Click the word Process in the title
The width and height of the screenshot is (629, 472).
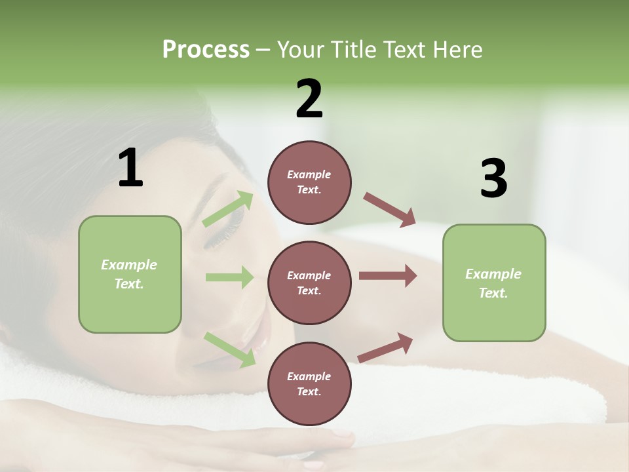pyautogui.click(x=206, y=50)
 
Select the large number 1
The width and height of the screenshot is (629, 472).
pyautogui.click(x=130, y=168)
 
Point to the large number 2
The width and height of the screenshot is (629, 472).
pyautogui.click(x=309, y=99)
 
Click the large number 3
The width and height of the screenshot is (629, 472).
pyautogui.click(x=493, y=178)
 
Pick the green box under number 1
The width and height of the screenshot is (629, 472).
pyautogui.click(x=130, y=274)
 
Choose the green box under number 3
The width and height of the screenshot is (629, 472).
pyautogui.click(x=494, y=283)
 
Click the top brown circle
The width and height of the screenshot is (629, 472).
pyautogui.click(x=309, y=182)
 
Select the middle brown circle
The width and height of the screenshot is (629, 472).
pyautogui.click(x=309, y=283)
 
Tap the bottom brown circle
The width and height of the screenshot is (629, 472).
pyautogui.click(x=309, y=383)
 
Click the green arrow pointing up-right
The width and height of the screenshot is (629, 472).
pyautogui.click(x=228, y=209)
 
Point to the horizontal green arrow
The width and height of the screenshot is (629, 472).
pyautogui.click(x=229, y=277)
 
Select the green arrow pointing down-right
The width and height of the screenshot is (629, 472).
pyautogui.click(x=229, y=349)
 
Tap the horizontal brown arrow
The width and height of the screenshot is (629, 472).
pyautogui.click(x=388, y=276)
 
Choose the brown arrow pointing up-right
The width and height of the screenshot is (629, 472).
pyautogui.click(x=386, y=347)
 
